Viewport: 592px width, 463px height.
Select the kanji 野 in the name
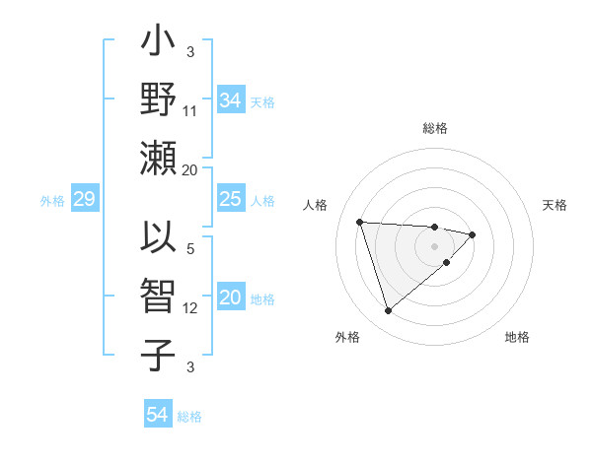point(159,100)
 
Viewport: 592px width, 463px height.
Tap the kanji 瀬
point(159,158)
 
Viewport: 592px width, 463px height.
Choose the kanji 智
point(159,298)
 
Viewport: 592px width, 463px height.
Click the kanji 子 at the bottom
point(159,355)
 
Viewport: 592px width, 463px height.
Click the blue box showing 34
point(230,100)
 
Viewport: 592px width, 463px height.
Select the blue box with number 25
point(230,200)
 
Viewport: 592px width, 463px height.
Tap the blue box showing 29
point(84,200)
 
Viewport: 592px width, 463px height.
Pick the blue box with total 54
point(157,416)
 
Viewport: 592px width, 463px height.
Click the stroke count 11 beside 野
point(191,111)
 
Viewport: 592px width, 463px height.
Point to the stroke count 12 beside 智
point(191,308)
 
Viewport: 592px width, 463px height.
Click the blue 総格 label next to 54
point(189,417)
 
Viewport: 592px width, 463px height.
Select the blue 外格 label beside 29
point(52,201)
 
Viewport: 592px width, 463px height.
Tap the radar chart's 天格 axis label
point(555,205)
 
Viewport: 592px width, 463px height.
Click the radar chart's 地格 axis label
point(517,337)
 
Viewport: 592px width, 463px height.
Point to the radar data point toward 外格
point(388,311)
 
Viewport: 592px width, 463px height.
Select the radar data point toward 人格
point(360,222)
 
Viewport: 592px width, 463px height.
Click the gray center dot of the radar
point(434,245)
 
